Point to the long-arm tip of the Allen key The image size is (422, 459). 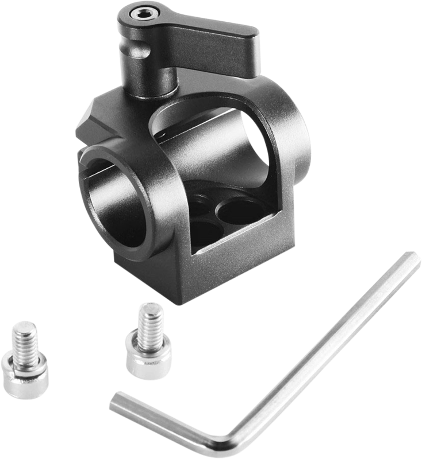(x=413, y=258)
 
